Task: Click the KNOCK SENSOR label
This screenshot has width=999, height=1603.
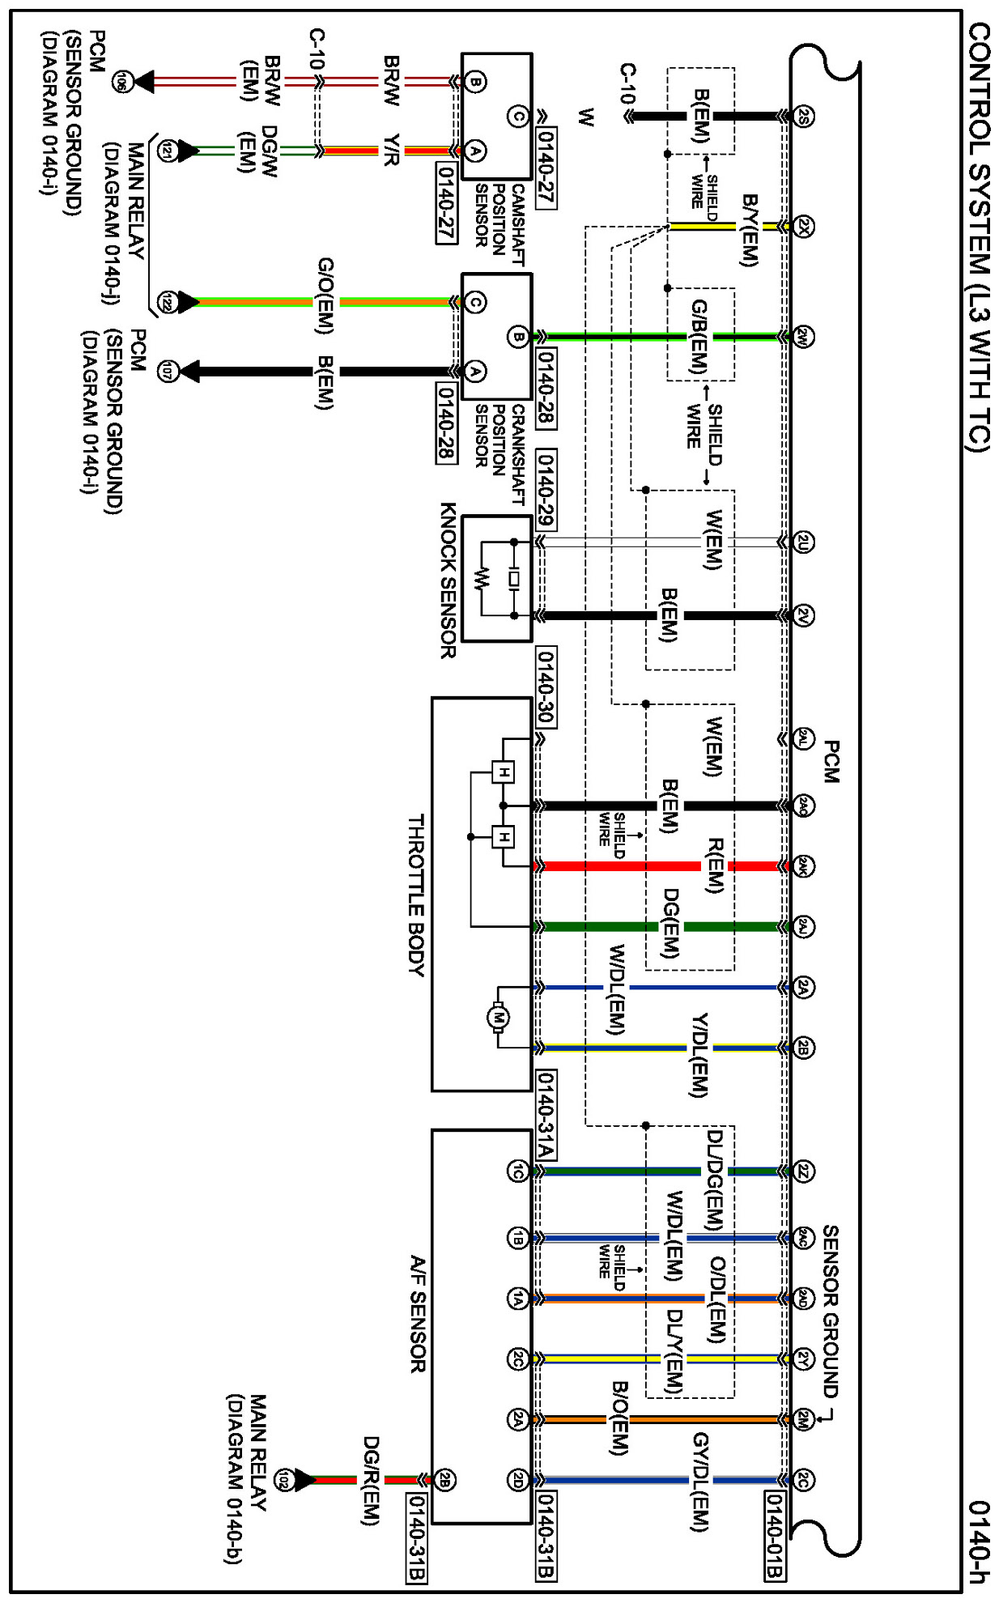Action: [448, 580]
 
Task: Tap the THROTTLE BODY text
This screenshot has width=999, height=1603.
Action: [415, 895]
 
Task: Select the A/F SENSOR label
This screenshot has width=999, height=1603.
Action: [416, 1313]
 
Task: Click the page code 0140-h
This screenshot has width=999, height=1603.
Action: [979, 1541]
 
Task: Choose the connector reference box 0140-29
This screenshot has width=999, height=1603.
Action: [546, 488]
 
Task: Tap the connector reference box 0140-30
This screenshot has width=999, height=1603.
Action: [546, 687]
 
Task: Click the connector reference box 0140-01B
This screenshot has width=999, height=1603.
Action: [774, 1534]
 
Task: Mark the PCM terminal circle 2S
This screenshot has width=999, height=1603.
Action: [802, 117]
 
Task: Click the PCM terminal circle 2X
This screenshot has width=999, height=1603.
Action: [802, 227]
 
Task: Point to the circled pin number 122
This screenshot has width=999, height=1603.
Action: [168, 302]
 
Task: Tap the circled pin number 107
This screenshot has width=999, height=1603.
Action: [168, 372]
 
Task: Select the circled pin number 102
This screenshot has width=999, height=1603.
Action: [283, 1480]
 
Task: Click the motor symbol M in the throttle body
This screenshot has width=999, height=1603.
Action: [498, 1018]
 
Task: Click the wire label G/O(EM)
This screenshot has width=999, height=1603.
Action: [325, 296]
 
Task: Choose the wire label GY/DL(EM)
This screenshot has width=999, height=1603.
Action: [700, 1482]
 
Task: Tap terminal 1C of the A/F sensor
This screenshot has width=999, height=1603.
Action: [517, 1171]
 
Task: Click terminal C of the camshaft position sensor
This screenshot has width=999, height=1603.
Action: [517, 117]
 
